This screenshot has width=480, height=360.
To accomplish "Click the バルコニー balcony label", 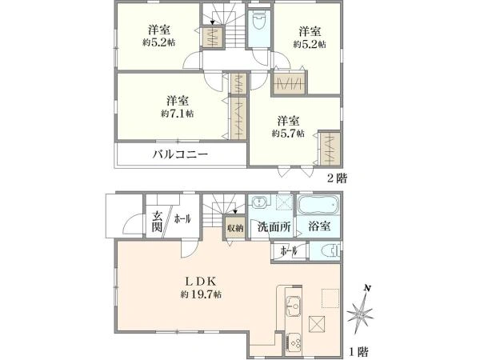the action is click(180, 154).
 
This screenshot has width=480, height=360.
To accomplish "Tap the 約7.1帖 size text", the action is click(178, 114).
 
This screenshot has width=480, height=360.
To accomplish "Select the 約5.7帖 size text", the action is click(288, 134).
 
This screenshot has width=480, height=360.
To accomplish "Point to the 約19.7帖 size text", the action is click(201, 294).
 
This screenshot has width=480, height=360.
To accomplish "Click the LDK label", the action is click(202, 281).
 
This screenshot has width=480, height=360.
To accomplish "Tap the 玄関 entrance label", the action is click(158, 222).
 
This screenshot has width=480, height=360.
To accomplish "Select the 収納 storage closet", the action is click(235, 228).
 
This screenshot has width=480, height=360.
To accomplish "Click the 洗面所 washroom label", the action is click(274, 227).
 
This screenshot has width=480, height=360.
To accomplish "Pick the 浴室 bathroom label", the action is click(319, 226).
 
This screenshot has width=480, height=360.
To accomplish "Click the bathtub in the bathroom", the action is click(318, 205).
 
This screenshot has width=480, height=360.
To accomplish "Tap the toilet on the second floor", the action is click(259, 21).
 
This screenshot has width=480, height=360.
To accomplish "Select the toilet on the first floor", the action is click(331, 250).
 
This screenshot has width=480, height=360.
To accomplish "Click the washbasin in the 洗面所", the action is click(261, 202).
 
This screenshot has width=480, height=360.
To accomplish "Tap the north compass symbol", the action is click(360, 311).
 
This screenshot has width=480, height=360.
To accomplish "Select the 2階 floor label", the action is click(338, 178).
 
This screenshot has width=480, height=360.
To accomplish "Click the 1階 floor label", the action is click(358, 352).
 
